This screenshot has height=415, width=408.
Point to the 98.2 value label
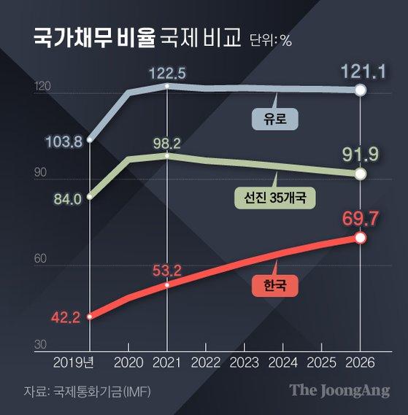point(166,142)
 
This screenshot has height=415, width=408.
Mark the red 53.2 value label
point(166,271)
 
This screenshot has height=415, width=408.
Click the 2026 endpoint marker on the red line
point(360,238)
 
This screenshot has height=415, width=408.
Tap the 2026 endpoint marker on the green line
point(360,174)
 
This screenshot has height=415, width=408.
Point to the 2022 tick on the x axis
point(205,362)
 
